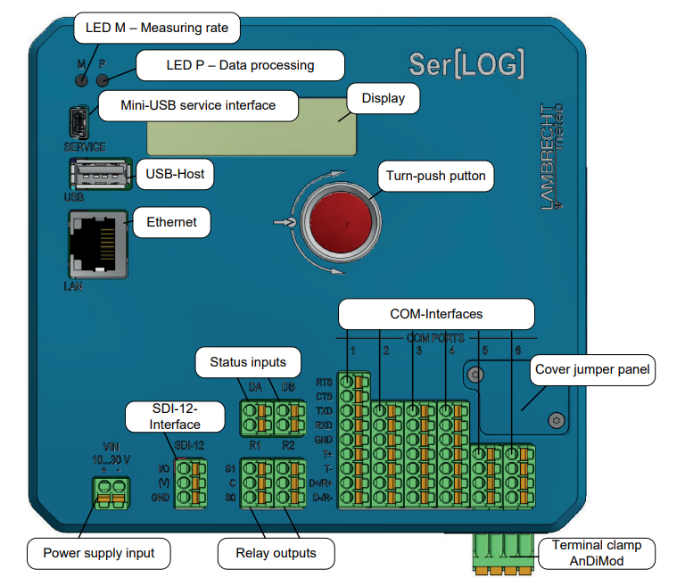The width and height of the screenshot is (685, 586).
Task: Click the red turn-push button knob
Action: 339,222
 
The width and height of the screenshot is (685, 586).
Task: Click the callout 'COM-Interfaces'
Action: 436,314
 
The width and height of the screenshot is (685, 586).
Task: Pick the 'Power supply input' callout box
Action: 98,553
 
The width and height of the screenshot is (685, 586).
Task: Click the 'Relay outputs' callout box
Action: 276,553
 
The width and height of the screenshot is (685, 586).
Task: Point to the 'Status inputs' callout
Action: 247,362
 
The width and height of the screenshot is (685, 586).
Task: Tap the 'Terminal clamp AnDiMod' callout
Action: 596,553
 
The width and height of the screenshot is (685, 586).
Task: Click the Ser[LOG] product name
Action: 466,63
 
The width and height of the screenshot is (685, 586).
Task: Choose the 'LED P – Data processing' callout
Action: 240,65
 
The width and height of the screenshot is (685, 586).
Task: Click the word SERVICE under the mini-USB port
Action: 85,147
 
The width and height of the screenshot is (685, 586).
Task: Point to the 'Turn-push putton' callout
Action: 436,176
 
